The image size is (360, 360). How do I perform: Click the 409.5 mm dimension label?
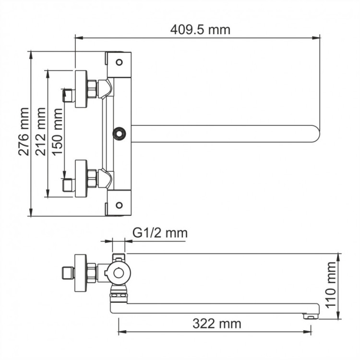[200, 29]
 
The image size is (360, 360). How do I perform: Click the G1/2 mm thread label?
[159, 233]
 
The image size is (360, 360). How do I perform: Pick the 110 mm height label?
[331, 286]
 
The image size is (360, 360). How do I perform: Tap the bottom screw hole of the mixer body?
[119, 205]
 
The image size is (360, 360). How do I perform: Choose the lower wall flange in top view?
[81, 178]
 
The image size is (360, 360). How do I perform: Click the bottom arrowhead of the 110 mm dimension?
[338, 317]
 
